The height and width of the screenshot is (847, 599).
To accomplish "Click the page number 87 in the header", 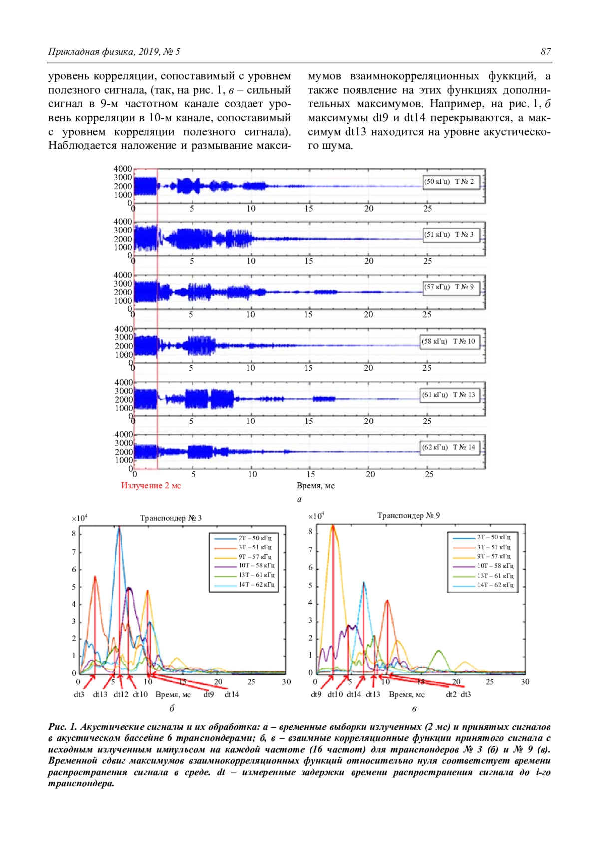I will (x=545, y=51).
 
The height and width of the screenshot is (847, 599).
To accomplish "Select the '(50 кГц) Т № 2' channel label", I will (x=449, y=181).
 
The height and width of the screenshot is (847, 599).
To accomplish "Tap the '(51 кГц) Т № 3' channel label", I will (x=449, y=234).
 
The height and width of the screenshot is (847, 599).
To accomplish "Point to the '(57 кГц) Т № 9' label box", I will (x=449, y=287).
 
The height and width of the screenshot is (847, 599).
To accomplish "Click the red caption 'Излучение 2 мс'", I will (x=151, y=486).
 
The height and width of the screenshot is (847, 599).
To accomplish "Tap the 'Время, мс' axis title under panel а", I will (x=315, y=486).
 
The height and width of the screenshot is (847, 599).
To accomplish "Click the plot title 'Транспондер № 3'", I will (x=171, y=518).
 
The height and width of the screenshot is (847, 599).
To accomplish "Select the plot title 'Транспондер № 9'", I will (x=408, y=516).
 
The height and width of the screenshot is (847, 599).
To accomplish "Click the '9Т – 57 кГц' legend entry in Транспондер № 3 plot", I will (x=254, y=557).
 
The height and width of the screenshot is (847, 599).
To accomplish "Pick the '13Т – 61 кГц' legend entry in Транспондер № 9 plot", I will (x=494, y=576).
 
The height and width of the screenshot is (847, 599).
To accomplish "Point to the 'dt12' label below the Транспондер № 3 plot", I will (x=121, y=694).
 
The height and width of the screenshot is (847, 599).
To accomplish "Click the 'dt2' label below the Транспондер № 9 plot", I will (x=451, y=694).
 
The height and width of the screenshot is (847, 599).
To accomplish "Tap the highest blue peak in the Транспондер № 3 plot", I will (x=119, y=527).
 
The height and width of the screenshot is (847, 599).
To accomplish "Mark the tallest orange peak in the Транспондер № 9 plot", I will (x=333, y=526).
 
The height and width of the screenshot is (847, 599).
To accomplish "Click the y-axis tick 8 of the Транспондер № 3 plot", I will (x=74, y=534).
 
